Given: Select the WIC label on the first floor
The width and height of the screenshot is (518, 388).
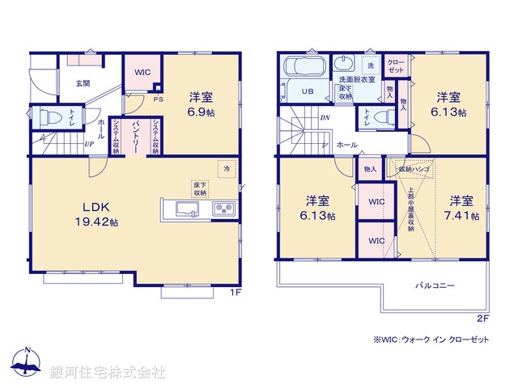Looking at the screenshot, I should tap(142, 73).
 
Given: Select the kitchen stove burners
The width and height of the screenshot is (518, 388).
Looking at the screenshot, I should tap(224, 209).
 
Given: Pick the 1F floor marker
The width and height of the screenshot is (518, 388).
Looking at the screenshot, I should tap(234, 293).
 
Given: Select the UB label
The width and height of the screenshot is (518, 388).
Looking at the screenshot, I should tap(308, 91).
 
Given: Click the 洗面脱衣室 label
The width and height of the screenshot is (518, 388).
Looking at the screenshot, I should tap(356, 79).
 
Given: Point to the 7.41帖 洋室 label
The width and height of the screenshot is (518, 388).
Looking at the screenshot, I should tap(462, 209).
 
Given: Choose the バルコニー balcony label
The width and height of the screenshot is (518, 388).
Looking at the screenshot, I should tap(436, 285).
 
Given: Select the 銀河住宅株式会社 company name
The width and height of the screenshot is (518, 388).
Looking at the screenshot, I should tap(107, 373).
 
